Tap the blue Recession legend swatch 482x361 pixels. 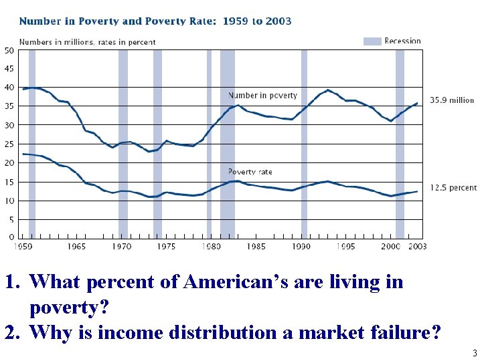372,41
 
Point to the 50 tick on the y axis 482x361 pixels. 9,50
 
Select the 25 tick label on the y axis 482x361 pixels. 9,144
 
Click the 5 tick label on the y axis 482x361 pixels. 11,219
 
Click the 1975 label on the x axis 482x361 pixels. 166,247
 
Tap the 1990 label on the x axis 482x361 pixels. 301,247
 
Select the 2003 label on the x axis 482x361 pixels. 416,247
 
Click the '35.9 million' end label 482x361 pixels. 452,101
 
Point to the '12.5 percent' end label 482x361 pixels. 453,189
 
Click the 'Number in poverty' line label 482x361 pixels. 262,96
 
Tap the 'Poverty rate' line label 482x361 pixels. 250,172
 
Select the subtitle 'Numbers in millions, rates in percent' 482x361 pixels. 87,41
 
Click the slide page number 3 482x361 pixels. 474,353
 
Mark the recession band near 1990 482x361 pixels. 304,144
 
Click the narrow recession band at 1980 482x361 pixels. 209,144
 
